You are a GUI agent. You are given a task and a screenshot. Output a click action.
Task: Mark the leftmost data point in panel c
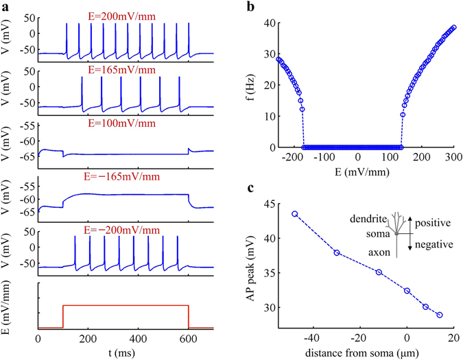(295, 214)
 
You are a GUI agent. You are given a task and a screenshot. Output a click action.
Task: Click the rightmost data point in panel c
(440, 315)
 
